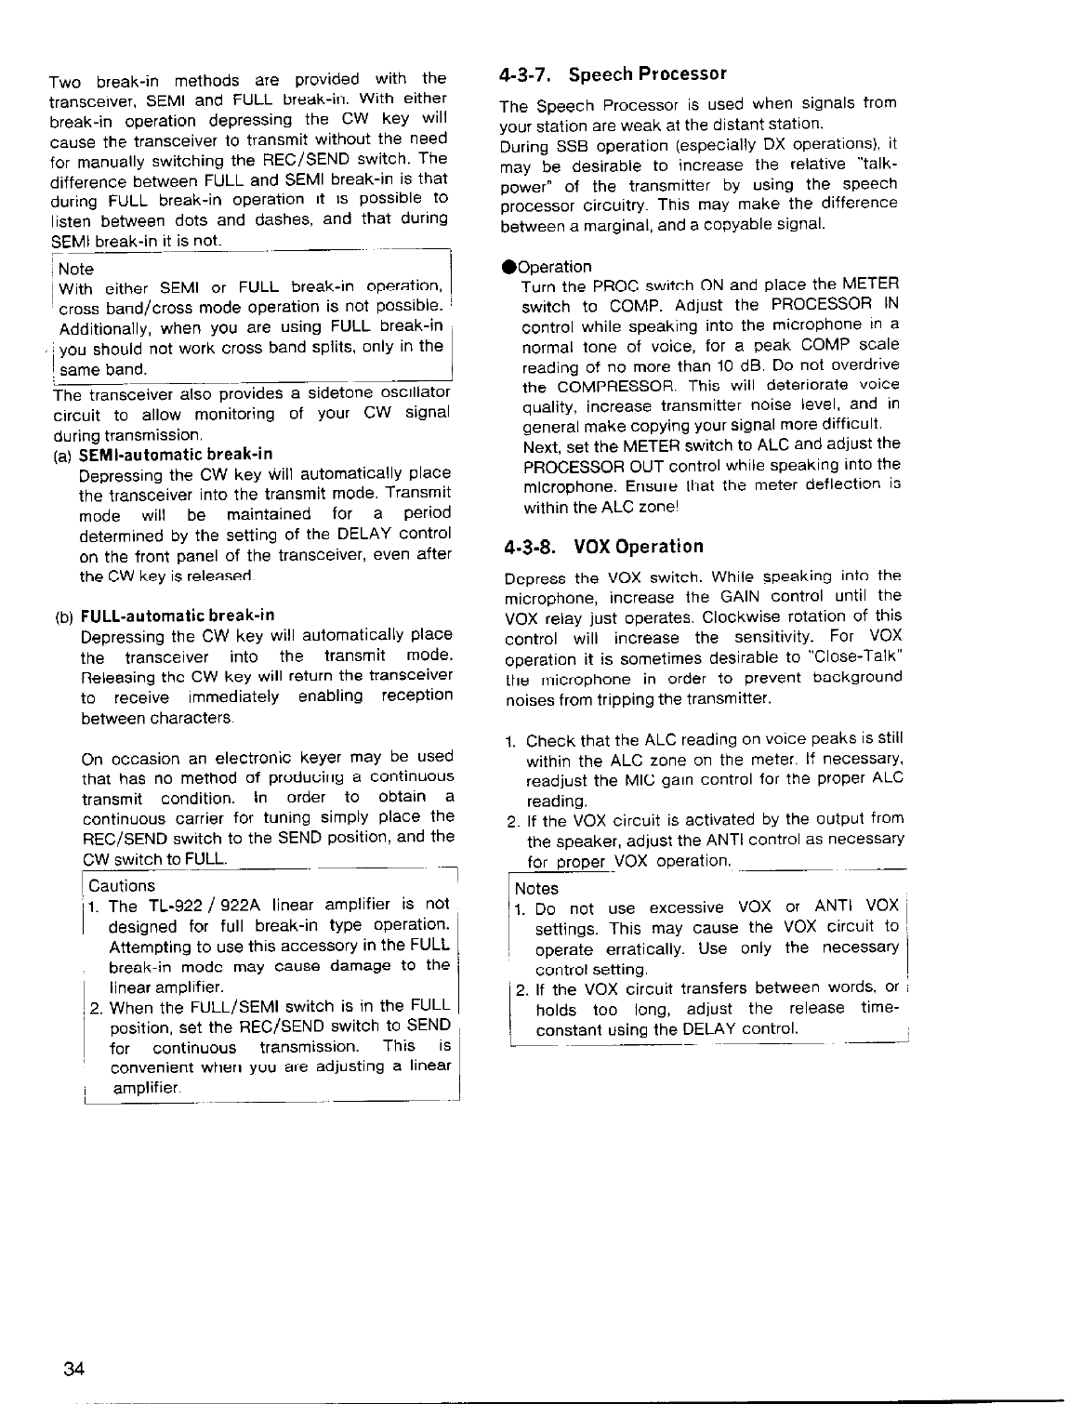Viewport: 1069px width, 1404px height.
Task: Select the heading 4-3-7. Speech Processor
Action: pyautogui.click(x=612, y=73)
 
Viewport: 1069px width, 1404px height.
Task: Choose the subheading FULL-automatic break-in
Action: pyautogui.click(x=178, y=616)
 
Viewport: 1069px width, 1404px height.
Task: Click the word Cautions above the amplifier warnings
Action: pyautogui.click(x=122, y=886)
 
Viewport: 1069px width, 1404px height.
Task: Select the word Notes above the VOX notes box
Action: pyautogui.click(x=536, y=888)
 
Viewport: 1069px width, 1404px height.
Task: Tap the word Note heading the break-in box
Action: pyautogui.click(x=76, y=269)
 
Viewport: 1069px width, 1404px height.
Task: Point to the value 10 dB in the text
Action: pyautogui.click(x=736, y=364)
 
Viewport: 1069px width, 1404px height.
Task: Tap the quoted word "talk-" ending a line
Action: pyautogui.click(x=873, y=166)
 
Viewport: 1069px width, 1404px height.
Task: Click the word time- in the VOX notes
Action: pyautogui.click(x=877, y=1009)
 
